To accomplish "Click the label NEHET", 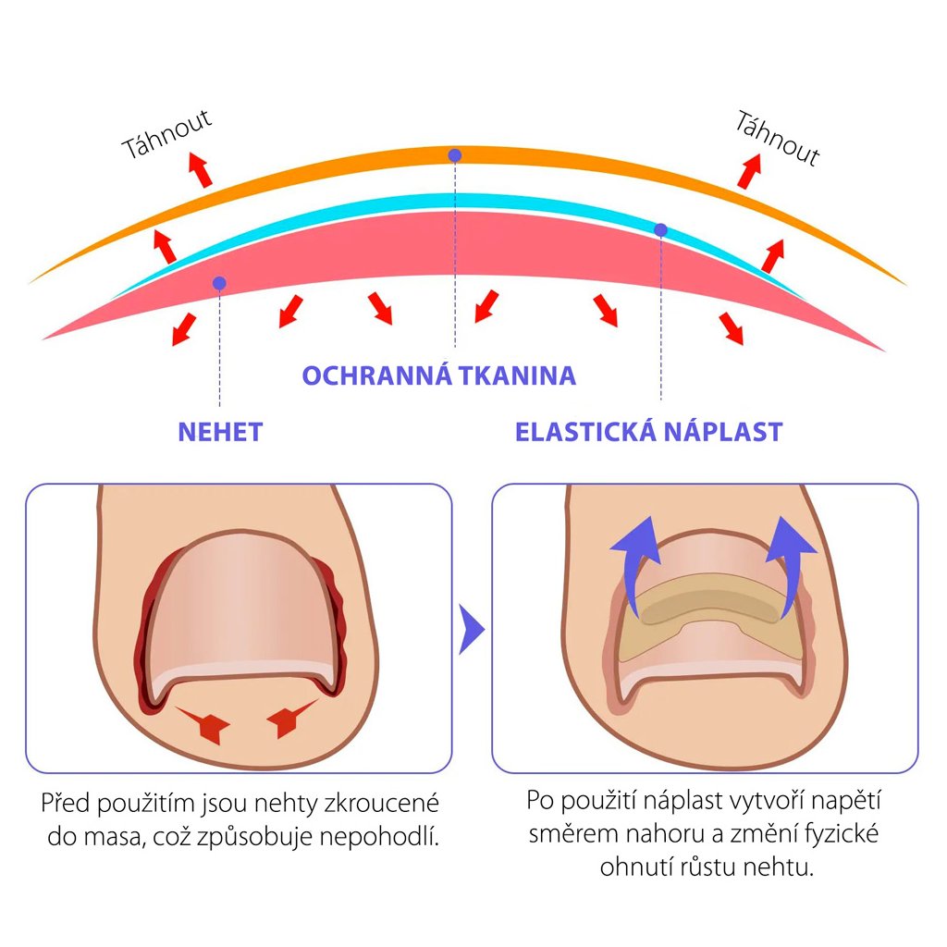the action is click(220, 432).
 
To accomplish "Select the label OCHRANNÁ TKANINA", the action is click(439, 376).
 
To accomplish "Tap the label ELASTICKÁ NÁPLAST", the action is click(648, 432).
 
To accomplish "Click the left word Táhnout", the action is click(168, 135).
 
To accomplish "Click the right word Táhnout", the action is click(778, 138).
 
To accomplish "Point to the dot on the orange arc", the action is click(454, 155).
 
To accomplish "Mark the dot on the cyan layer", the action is click(660, 229).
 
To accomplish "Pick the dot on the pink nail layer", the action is click(218, 282).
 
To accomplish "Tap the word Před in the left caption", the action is click(65, 803).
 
